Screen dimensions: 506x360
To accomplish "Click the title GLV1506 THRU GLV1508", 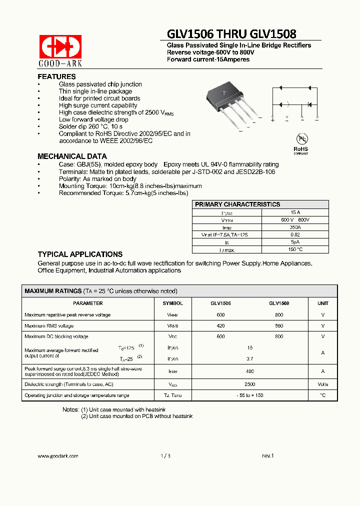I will pos(231,33).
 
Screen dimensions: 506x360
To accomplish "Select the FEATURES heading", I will pos(57,76).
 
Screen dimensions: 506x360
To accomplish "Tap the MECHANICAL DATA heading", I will pos(72,156).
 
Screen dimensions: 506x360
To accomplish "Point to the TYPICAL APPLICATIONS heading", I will pos(80,254).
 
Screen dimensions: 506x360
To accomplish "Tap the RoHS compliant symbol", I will pos(300,143).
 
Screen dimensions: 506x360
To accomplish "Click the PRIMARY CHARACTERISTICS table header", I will pos(237,204).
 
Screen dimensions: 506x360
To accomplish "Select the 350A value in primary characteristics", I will pos(295,227).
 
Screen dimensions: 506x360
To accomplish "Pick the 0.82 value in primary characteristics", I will pos(295,234).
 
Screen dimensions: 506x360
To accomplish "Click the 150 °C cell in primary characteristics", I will pos(295,249).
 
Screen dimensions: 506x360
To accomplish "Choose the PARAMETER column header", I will pos(88,303).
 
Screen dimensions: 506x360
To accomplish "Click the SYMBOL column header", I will pos(173,303).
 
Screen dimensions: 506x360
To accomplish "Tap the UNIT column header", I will pos(323,303).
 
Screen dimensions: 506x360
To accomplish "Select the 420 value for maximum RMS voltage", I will pos(220,326).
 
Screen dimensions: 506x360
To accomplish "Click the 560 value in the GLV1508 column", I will pos(279,326).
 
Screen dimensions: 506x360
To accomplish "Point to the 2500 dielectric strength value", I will pos(250,384).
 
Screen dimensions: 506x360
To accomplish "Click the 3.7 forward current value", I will pos(250,359).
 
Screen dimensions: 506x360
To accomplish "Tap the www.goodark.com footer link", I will pos(58,456).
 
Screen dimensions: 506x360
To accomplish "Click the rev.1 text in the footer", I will pos(268,456).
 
